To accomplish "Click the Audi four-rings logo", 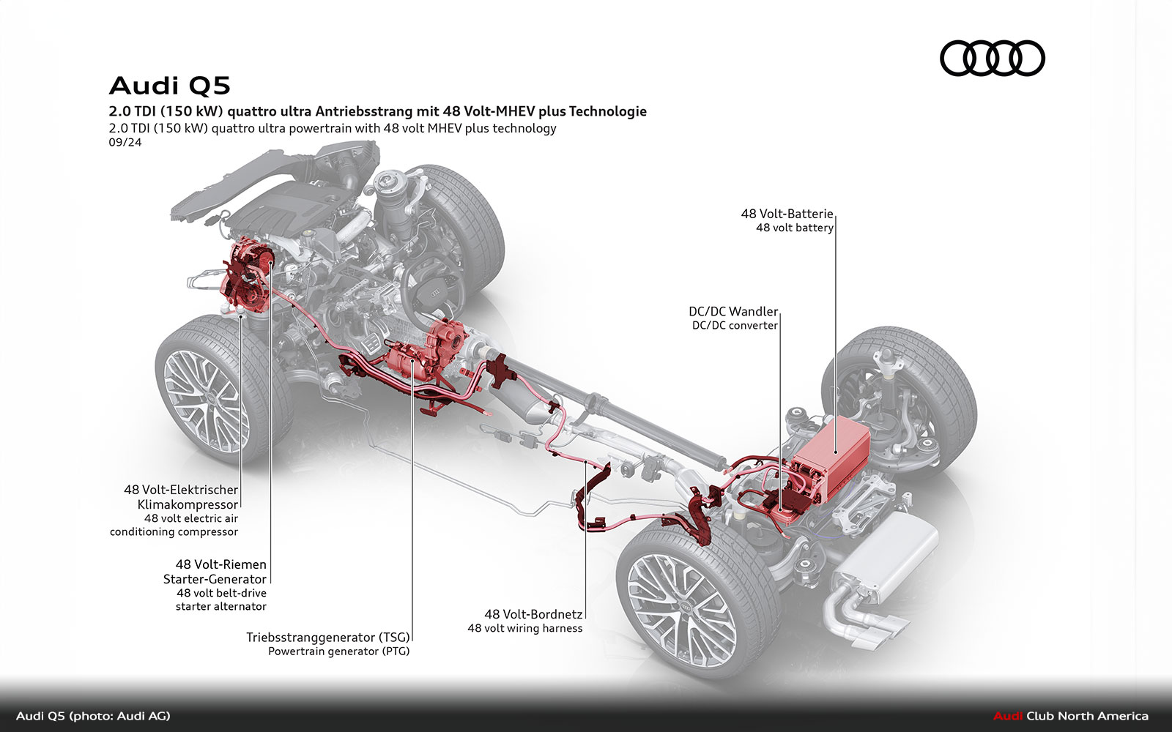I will click(x=992, y=59).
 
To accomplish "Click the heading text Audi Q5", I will click(x=170, y=86).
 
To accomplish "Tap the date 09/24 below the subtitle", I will click(x=125, y=142).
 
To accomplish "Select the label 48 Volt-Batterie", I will click(x=787, y=214).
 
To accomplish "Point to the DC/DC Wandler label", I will click(x=732, y=312).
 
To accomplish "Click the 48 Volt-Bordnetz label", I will click(x=533, y=614).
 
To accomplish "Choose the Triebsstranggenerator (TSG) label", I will click(x=327, y=637).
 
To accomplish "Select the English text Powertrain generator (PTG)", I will click(x=338, y=651).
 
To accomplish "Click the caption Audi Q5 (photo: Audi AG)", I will click(x=93, y=716).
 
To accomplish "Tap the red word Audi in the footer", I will click(x=1008, y=716).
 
